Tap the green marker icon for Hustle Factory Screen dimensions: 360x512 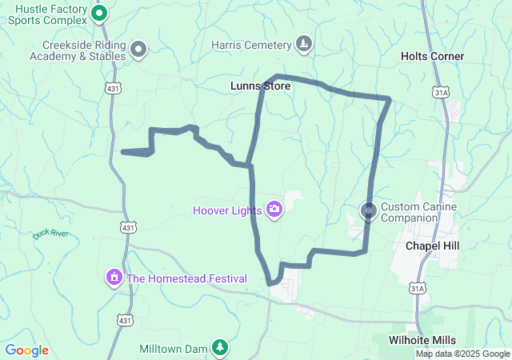pos(99,13)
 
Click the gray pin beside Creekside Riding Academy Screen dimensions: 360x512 pos(138,50)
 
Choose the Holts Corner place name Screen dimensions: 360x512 pos(432,56)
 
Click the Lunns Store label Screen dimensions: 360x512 pos(260,86)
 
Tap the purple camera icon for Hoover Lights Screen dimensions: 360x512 pos(274,210)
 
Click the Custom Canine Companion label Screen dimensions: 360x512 pos(418,212)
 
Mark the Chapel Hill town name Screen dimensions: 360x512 pos(433,246)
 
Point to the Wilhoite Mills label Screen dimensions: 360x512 pos(422,340)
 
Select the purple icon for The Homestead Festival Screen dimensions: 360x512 pos(114,278)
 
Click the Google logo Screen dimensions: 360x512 pos(26,350)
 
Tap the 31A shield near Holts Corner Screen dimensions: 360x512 pos(440,92)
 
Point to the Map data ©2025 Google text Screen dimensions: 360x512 pos(462,354)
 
